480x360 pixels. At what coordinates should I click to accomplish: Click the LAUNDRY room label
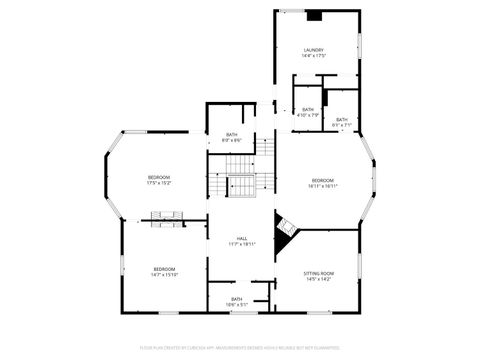[x=314, y=50]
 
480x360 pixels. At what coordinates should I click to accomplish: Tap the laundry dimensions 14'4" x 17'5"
[x=314, y=56]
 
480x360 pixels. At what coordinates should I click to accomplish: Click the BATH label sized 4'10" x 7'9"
[x=308, y=109]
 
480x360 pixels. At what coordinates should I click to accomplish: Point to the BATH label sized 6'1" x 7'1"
[x=342, y=120]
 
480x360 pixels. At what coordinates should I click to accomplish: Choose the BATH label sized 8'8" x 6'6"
[x=232, y=134]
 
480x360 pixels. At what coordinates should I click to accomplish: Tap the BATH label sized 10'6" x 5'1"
[x=237, y=298]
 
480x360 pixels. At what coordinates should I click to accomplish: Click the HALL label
[x=242, y=238]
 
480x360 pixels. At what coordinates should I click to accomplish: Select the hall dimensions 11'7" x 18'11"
[x=242, y=244]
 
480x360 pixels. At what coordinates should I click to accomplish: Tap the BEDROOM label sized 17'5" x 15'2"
[x=159, y=178]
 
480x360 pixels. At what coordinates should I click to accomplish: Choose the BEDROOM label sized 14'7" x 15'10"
[x=164, y=268]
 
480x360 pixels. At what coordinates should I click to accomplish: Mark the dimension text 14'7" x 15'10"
[x=164, y=274]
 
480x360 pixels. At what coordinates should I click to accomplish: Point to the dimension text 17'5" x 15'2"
[x=159, y=184]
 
